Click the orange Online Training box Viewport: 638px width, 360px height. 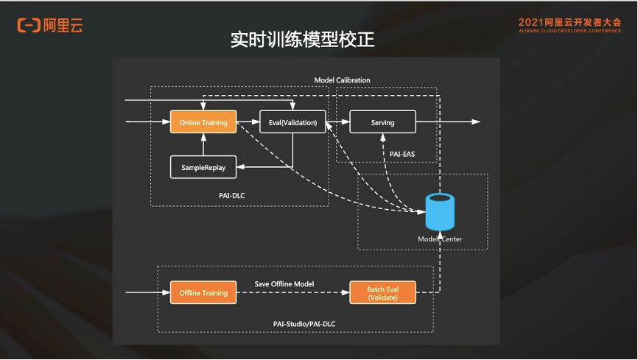click(203, 122)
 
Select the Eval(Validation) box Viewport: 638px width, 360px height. click(292, 122)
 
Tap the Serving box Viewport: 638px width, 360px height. click(382, 122)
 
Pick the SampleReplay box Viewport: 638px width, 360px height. click(203, 167)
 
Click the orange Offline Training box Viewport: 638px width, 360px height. click(203, 292)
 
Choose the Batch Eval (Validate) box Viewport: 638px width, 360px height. click(382, 292)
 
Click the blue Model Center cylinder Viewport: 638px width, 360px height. click(441, 212)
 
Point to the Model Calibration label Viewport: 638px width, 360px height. click(342, 80)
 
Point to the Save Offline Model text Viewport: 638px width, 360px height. click(284, 283)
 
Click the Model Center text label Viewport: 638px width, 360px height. click(441, 239)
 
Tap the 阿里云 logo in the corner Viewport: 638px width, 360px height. click(49, 25)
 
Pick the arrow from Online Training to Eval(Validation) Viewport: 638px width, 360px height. click(248, 122)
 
